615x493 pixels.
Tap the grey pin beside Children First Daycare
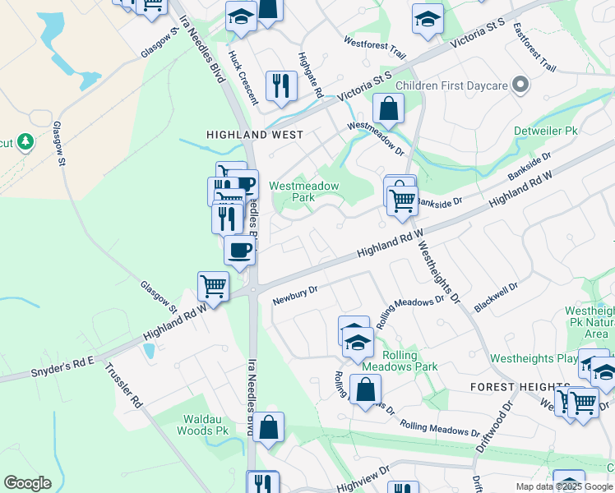tap(520, 85)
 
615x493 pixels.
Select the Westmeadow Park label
tap(304, 191)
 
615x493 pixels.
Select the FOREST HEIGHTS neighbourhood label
tap(520, 387)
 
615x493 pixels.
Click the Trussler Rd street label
tap(124, 387)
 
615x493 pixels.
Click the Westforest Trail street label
tap(375, 48)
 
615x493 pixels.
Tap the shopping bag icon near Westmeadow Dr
tap(388, 108)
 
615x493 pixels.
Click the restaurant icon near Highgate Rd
tap(281, 85)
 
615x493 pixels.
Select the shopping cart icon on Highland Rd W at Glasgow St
tap(213, 288)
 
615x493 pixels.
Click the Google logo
tap(27, 483)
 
